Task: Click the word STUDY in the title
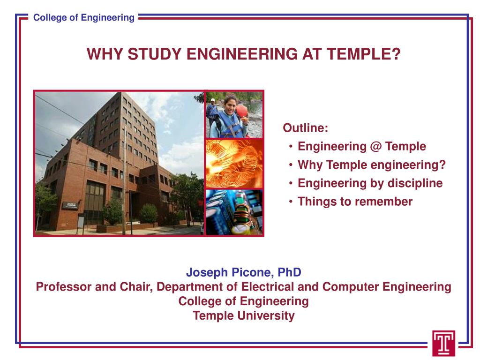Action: (x=150, y=55)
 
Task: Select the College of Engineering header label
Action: (x=84, y=18)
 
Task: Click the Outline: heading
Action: (x=305, y=128)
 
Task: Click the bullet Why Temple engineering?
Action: (x=371, y=165)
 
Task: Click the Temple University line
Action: (x=244, y=315)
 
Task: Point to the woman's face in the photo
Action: (x=230, y=104)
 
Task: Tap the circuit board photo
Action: (x=234, y=212)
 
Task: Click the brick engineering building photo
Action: (x=120, y=163)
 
